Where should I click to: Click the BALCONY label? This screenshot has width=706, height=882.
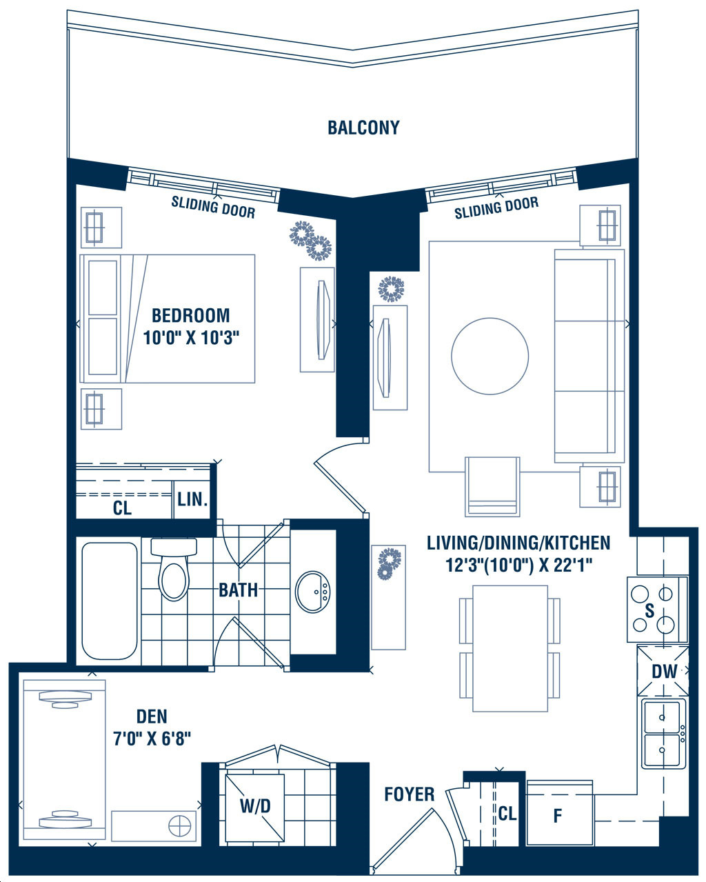[363, 128]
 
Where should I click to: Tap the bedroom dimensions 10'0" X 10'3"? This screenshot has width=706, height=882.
[191, 338]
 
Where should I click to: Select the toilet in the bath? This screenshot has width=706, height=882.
[174, 569]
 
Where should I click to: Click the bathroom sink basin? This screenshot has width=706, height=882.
[312, 592]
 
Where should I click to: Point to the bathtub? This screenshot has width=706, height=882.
[110, 601]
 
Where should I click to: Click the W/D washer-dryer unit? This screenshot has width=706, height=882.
[255, 807]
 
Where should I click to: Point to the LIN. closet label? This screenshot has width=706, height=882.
[192, 499]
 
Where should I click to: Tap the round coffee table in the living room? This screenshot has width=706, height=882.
[490, 356]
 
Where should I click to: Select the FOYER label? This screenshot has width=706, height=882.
[410, 794]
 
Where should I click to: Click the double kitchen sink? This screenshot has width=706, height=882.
[664, 734]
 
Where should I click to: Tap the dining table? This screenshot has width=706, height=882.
[510, 648]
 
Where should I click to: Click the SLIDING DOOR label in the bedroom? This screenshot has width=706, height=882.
[213, 208]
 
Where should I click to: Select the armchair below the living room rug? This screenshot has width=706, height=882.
[492, 486]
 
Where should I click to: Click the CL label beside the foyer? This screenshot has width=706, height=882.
[507, 813]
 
